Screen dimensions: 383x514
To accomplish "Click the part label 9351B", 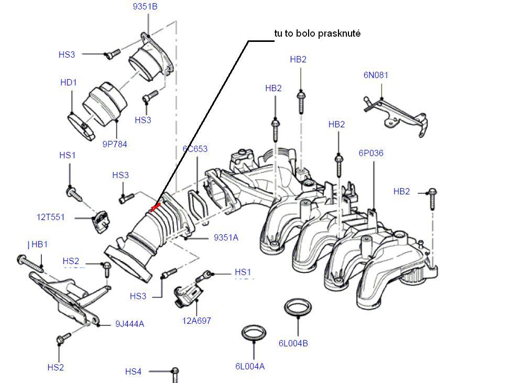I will [x=145, y=7].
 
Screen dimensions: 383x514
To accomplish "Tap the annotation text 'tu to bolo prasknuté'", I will [x=318, y=34].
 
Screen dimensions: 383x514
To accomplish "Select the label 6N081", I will [x=376, y=75].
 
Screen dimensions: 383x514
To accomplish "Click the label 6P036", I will [x=371, y=154].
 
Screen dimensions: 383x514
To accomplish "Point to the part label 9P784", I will [x=115, y=144].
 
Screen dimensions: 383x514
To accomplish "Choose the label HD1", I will [x=68, y=82].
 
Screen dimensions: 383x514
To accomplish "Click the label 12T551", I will [x=51, y=217].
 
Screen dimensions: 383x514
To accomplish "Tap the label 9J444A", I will [x=129, y=324].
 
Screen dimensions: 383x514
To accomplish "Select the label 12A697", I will [x=197, y=321].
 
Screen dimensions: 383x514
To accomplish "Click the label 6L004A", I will [x=250, y=366].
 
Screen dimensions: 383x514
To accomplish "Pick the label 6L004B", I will [x=293, y=343].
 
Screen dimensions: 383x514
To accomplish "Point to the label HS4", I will [x=133, y=371].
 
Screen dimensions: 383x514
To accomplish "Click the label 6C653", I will [x=195, y=149].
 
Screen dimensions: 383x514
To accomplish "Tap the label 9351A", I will [x=226, y=237].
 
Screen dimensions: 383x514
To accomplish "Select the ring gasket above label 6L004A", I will [x=254, y=332].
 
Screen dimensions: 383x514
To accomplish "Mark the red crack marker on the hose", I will [x=155, y=208].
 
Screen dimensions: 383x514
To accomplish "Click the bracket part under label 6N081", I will [x=396, y=115].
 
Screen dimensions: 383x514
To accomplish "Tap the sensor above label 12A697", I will [x=188, y=294].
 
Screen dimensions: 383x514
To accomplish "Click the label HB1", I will [x=39, y=244].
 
